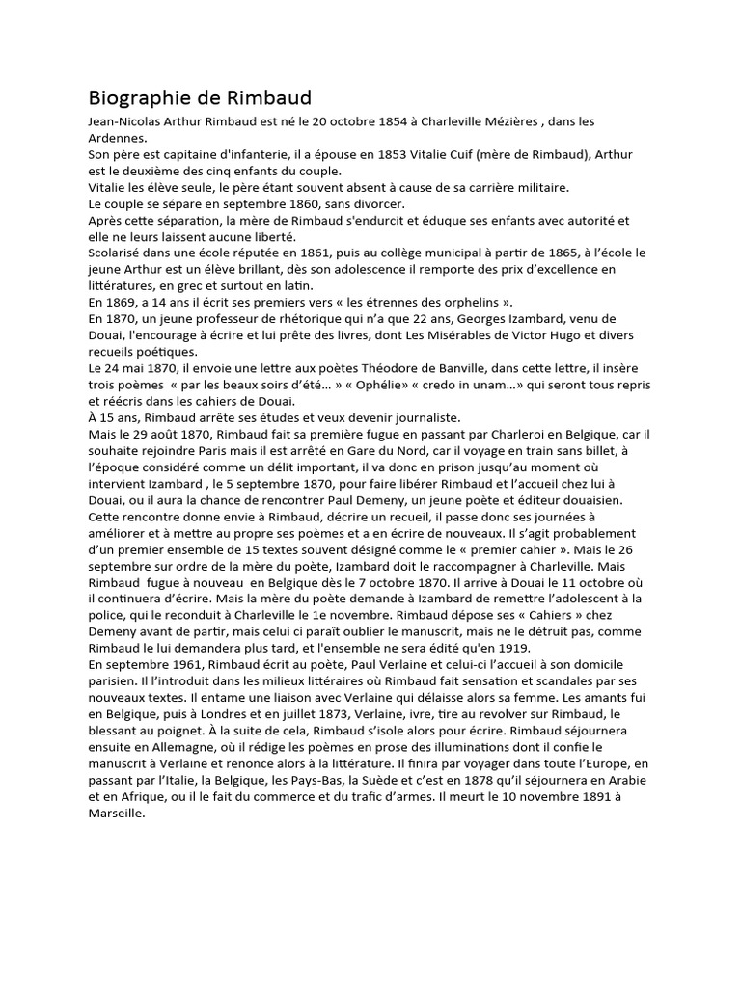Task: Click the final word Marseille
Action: click(x=116, y=814)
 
